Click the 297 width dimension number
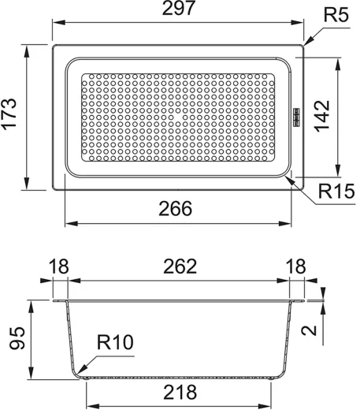pos(179,8)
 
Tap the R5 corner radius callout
pos(336,15)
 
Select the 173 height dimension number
pos(9,114)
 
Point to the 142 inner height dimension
pos(322,116)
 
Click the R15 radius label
pos(336,191)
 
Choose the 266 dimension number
pos(176,209)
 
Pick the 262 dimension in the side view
pos(180,266)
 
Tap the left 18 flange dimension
pos(58,266)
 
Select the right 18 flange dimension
pos(295,266)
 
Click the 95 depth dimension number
pos(17,338)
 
